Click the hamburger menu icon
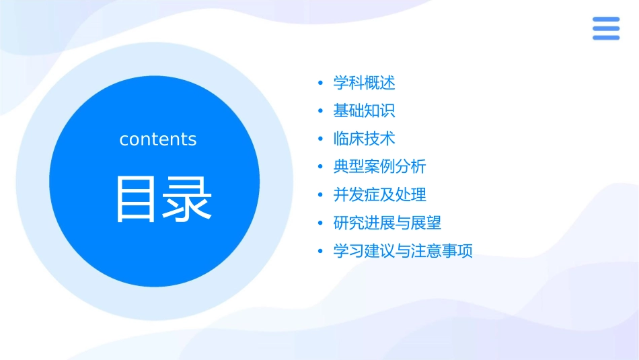[x=605, y=28]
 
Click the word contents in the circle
[x=158, y=139]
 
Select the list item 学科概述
[x=364, y=83]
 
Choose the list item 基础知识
[x=364, y=111]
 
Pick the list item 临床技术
[x=364, y=139]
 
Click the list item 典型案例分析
[x=379, y=166]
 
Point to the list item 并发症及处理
[x=379, y=194]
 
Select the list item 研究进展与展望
[x=387, y=223]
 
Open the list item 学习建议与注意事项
[x=403, y=251]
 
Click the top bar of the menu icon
[x=605, y=20]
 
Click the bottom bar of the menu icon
[x=605, y=37]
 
